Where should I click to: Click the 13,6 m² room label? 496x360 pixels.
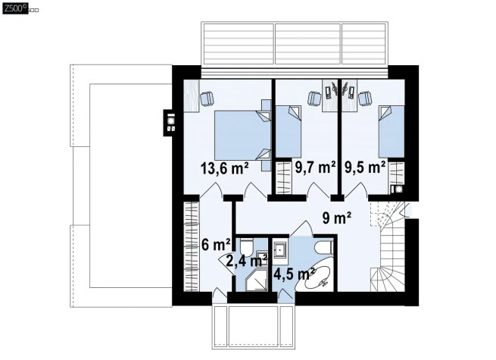tap(224, 168)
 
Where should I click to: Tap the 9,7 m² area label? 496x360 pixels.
tap(315, 167)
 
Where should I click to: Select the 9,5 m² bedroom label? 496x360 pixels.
tap(365, 167)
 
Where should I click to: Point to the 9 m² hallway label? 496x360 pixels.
tap(336, 218)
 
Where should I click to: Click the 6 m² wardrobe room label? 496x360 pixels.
tap(216, 245)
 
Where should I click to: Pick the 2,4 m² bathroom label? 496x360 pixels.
tap(247, 261)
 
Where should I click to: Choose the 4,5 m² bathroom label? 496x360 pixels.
tap(294, 274)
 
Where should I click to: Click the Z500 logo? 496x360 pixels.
tap(15, 8)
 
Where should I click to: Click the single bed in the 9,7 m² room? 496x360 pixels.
tap(289, 132)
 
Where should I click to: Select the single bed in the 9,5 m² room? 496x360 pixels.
tap(391, 132)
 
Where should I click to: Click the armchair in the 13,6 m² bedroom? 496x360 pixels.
tap(207, 99)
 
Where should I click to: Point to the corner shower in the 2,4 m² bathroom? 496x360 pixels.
tap(257, 280)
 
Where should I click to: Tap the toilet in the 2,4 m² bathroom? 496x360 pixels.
tap(246, 248)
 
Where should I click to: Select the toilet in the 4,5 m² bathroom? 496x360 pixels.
tap(324, 247)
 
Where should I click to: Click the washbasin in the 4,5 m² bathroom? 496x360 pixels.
tap(280, 250)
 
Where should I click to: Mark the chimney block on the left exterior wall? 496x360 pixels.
tap(169, 123)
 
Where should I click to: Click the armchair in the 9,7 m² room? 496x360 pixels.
tap(314, 99)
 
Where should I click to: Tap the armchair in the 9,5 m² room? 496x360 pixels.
tap(365, 99)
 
